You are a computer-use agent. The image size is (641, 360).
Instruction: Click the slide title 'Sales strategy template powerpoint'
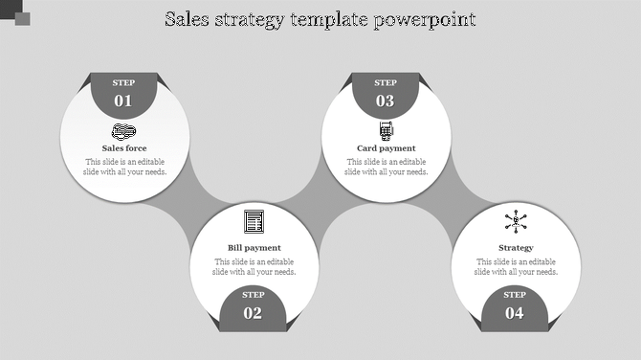pyautogui.click(x=320, y=19)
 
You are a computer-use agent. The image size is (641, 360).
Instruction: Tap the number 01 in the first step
pyautogui.click(x=124, y=101)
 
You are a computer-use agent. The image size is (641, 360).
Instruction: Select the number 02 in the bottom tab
pyautogui.click(x=254, y=313)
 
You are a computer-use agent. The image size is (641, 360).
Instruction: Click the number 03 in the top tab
pyautogui.click(x=386, y=101)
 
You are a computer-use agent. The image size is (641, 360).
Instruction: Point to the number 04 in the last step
pyautogui.click(x=515, y=313)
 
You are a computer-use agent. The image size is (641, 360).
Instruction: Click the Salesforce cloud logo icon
pyautogui.click(x=124, y=131)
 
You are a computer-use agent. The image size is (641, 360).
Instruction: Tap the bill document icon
pyautogui.click(x=254, y=221)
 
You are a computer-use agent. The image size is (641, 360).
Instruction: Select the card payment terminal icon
pyautogui.click(x=387, y=130)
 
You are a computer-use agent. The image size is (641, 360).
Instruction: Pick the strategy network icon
pyautogui.click(x=516, y=222)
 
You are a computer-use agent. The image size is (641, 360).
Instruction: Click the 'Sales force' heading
pyautogui.click(x=124, y=148)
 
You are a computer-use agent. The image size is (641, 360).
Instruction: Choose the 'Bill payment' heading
pyautogui.click(x=254, y=248)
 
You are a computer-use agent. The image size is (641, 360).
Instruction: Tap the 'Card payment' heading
pyautogui.click(x=387, y=148)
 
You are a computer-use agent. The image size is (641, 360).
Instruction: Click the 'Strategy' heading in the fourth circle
pyautogui.click(x=516, y=248)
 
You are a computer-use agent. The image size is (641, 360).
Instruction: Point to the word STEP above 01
pyautogui.click(x=124, y=83)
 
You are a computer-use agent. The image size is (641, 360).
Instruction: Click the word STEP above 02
pyautogui.click(x=254, y=295)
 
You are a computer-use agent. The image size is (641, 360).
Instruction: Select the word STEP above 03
pyautogui.click(x=386, y=83)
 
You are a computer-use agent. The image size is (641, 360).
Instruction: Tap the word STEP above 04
pyautogui.click(x=515, y=295)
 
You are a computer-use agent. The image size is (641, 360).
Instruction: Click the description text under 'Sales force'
pyautogui.click(x=124, y=167)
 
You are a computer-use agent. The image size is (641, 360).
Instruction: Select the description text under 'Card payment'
pyautogui.click(x=387, y=167)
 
